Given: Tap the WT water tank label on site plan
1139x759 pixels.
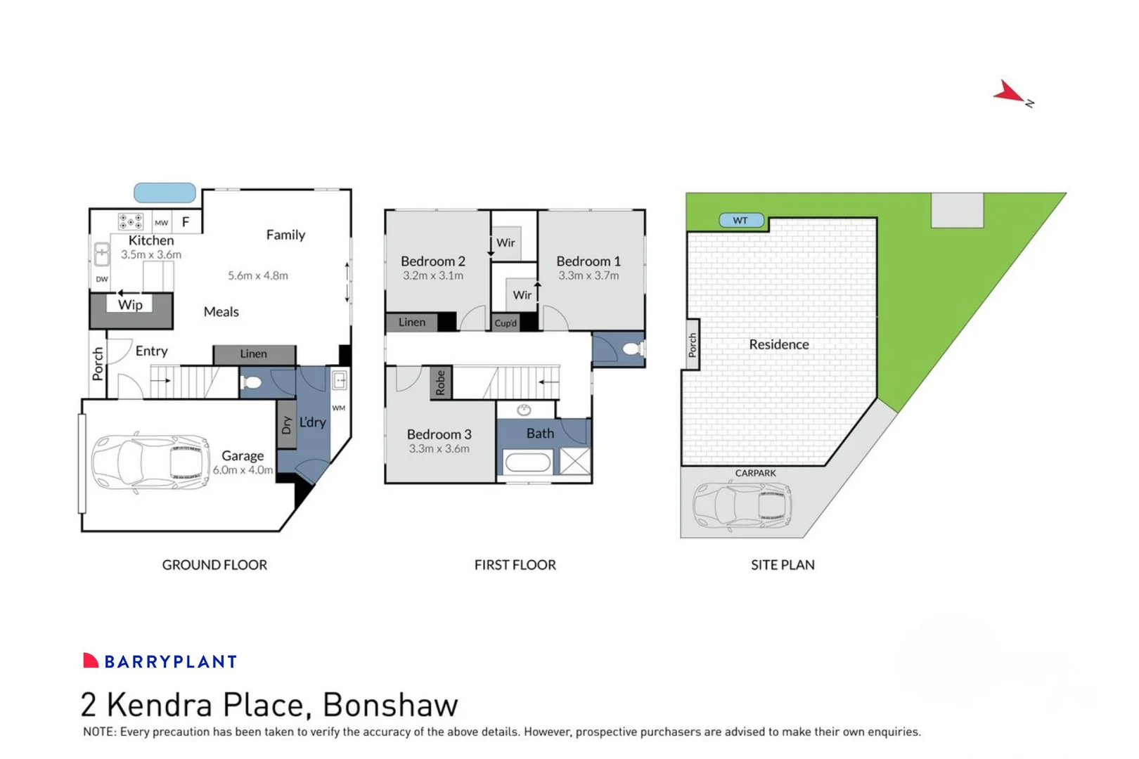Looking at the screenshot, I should coord(741,221).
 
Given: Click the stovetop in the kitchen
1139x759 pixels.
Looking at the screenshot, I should coord(131,221).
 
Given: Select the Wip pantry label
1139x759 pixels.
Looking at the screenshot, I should coord(130,304).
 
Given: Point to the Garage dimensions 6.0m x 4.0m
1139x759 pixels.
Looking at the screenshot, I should coord(243,470).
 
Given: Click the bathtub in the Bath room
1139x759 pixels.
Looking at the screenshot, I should coord(528,462).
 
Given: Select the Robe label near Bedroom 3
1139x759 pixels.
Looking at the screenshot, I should coord(441,383).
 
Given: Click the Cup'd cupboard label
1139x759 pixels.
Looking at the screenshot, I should coord(506,323).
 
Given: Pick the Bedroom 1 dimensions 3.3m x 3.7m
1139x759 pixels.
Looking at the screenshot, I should coord(588,275).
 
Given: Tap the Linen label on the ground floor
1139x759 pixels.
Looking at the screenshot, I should coord(253,354).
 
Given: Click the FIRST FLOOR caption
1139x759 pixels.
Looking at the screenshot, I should coord(515,565).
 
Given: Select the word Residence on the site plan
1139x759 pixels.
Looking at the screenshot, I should coord(778,344).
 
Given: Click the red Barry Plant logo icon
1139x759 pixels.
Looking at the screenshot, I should coord(91,661).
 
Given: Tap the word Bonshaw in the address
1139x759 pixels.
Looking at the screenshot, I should coord(390,705).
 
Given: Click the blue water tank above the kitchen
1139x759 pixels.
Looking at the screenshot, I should coord(165,193).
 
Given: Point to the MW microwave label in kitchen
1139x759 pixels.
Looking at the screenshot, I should coord(162,223).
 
